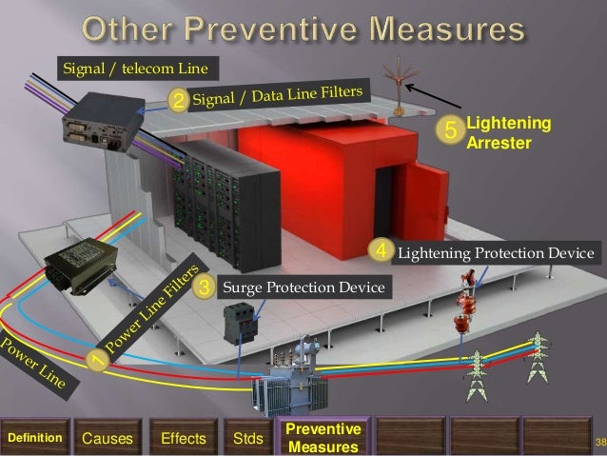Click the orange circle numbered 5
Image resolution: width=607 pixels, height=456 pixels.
pos(451,130)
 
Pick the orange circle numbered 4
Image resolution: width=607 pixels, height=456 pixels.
pos(382,252)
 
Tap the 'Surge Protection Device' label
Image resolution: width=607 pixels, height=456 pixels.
pos(303,286)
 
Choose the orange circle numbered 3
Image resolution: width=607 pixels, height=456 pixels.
pos(202,286)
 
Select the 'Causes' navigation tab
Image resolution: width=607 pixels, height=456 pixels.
pos(107,438)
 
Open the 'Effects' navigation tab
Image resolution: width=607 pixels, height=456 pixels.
pos(184,438)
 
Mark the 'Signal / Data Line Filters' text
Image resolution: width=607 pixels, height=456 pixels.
pos(278,93)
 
